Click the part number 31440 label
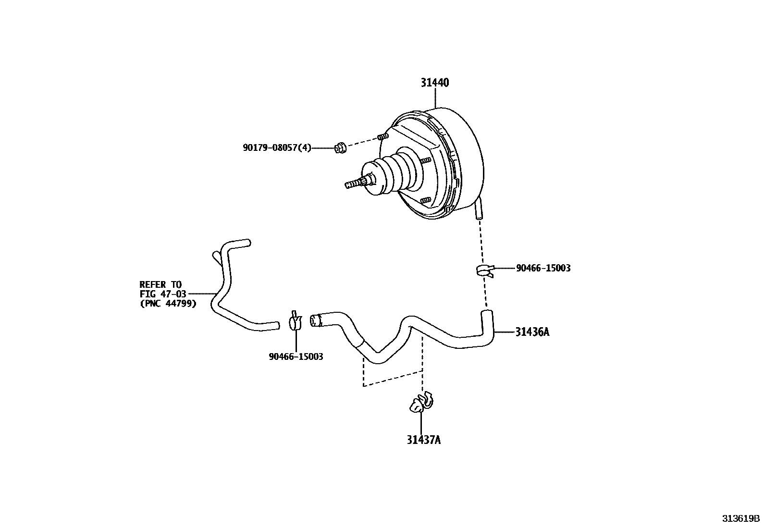(434, 83)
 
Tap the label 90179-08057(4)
(277, 148)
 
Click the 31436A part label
(532, 332)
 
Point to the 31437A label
(423, 440)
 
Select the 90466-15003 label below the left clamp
(296, 356)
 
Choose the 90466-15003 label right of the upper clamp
(543, 268)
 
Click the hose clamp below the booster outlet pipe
(484, 270)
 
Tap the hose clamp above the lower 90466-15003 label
(295, 320)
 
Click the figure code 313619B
(740, 519)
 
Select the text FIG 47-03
(163, 294)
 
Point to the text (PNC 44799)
(168, 303)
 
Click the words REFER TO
(160, 284)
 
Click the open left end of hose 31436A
(315, 320)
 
